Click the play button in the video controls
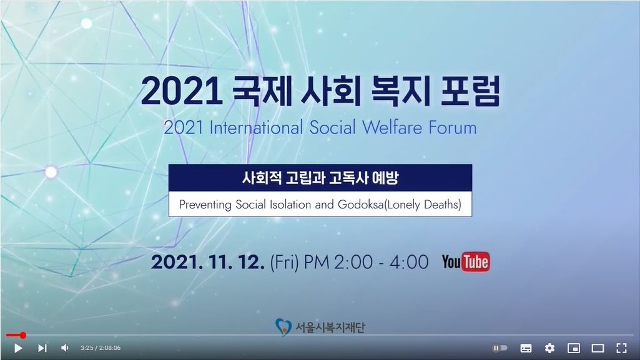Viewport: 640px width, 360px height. click(18, 348)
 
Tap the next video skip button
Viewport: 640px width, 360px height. click(42, 348)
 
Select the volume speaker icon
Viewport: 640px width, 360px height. click(65, 348)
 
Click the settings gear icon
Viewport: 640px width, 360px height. click(550, 348)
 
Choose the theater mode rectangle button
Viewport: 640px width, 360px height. click(598, 348)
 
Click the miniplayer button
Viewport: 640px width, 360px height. click(574, 348)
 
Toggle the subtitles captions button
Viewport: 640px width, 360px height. click(526, 348)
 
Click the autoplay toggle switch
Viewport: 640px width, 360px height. click(500, 348)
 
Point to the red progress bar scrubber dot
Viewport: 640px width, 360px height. click(23, 335)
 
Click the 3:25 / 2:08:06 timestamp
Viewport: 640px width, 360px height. click(101, 348)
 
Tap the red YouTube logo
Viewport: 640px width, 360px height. click(466, 262)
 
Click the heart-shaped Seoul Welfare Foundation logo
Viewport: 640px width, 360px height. click(283, 327)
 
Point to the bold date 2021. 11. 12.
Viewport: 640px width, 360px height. click(208, 262)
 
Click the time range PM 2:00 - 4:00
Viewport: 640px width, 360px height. click(366, 262)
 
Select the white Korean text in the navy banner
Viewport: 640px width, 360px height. click(320, 178)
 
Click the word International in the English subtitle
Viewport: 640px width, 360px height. click(256, 127)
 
